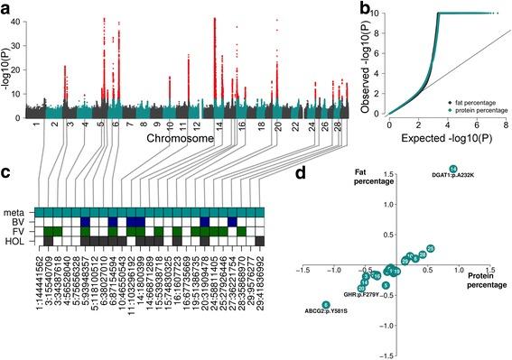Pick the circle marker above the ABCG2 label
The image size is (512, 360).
[x=326, y=304]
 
